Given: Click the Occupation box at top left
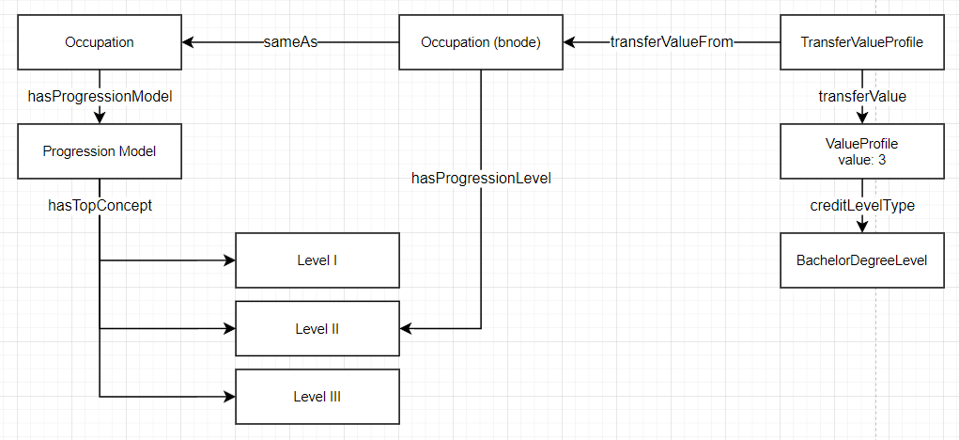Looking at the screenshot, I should pos(100,42).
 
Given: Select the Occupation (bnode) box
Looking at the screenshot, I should pos(480,42).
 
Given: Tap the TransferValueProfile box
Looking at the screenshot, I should pos(861,42).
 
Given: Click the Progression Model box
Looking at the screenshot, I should pos(100,151).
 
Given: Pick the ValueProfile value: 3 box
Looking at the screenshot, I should pos(861,151).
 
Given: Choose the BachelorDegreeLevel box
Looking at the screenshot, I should pos(861,259).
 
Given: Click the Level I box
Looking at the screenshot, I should pos(317,260).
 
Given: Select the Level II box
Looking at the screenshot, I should pos(317,329).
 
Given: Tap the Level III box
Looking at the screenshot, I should pos(317,397).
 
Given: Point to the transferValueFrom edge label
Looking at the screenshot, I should pos(671,42).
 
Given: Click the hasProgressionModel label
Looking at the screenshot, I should pos(100,96).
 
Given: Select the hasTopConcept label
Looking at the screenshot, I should pos(100,204).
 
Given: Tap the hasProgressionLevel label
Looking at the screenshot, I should pos(481,178).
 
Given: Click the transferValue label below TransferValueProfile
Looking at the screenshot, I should pos(862,96).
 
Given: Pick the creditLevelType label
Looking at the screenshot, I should pos(862,205).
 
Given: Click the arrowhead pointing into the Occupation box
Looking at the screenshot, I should pos(188,42).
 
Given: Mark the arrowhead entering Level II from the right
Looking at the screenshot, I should pos(406,329).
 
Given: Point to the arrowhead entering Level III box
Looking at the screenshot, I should pos(228,397).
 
